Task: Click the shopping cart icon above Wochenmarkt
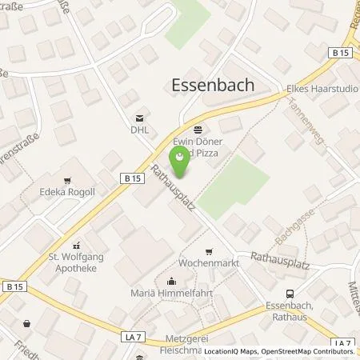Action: tap(209, 250)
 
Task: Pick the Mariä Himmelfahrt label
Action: tap(171, 293)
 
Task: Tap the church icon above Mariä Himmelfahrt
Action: tap(171, 280)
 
